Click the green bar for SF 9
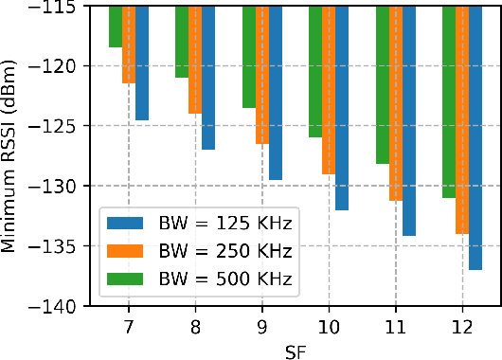coord(249,57)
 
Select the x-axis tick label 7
coord(129,325)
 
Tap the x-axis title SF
coord(295,350)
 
